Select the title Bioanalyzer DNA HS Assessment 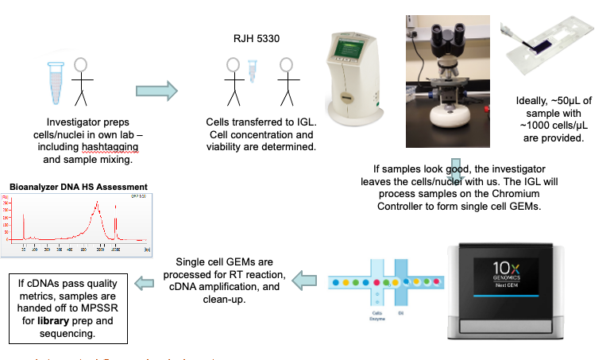[79, 188]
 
